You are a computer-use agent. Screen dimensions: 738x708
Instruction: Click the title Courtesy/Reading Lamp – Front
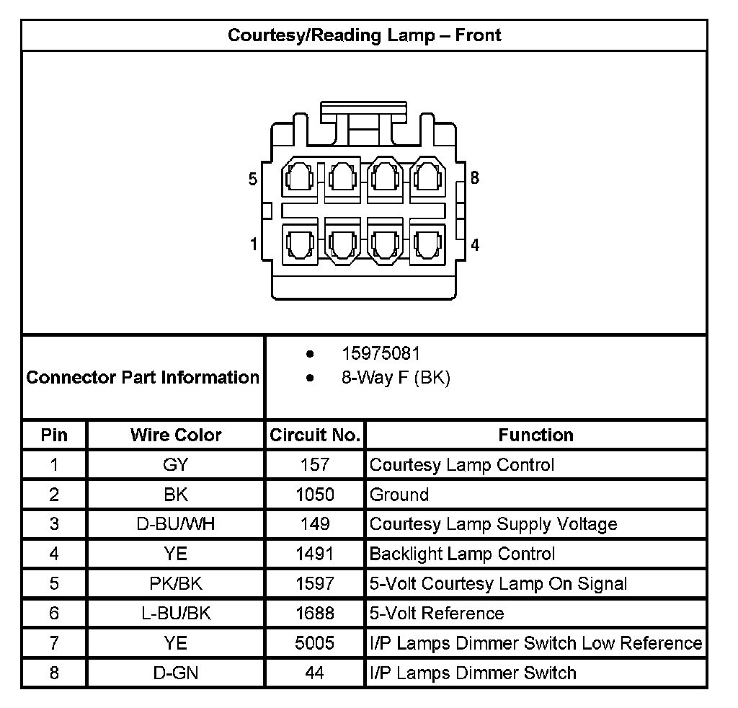(364, 35)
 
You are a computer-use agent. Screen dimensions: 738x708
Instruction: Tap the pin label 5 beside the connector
(253, 180)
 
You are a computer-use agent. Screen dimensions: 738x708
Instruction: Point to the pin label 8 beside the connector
(474, 177)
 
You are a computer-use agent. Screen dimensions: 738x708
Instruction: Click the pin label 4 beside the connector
(474, 245)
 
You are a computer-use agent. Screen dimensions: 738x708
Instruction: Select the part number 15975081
(380, 354)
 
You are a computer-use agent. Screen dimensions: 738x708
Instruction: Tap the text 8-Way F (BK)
(396, 378)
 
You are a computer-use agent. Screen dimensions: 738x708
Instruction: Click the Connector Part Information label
(143, 377)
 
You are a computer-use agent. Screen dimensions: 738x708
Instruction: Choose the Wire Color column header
(176, 435)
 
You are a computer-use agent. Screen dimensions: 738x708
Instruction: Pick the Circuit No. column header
(314, 435)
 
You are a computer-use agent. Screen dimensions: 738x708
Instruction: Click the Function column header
(535, 435)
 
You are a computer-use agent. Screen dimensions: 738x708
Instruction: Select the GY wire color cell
(176, 465)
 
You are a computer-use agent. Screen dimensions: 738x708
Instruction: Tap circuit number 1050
(315, 495)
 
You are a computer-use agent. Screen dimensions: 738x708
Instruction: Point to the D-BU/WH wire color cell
(176, 524)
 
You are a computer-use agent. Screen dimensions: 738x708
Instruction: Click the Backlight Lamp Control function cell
(462, 554)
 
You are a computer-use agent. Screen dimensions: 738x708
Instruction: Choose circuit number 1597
(315, 583)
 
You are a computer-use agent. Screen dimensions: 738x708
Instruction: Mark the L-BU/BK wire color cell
(176, 614)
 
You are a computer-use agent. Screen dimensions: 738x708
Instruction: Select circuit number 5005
(315, 643)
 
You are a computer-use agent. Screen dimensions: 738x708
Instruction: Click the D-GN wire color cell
(176, 673)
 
